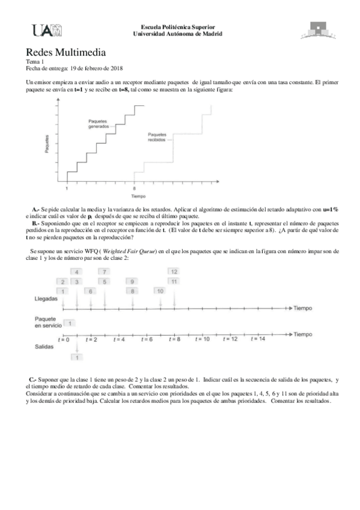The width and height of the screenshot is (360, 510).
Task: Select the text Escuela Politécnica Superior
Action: tap(177, 28)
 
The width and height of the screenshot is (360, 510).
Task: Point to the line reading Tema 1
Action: tap(35, 62)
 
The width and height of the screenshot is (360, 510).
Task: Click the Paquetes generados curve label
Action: tap(99, 124)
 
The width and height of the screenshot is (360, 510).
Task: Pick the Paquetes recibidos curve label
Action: tap(157, 137)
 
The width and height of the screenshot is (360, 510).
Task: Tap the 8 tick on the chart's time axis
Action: tap(134, 188)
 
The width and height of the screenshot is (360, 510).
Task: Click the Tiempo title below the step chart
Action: tap(138, 197)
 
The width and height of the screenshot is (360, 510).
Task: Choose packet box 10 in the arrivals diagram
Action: tap(160, 290)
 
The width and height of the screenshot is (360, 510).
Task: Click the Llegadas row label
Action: tap(46, 298)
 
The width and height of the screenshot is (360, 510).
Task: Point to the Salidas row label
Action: tap(45, 346)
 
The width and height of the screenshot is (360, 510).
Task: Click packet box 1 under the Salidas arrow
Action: tap(77, 358)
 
